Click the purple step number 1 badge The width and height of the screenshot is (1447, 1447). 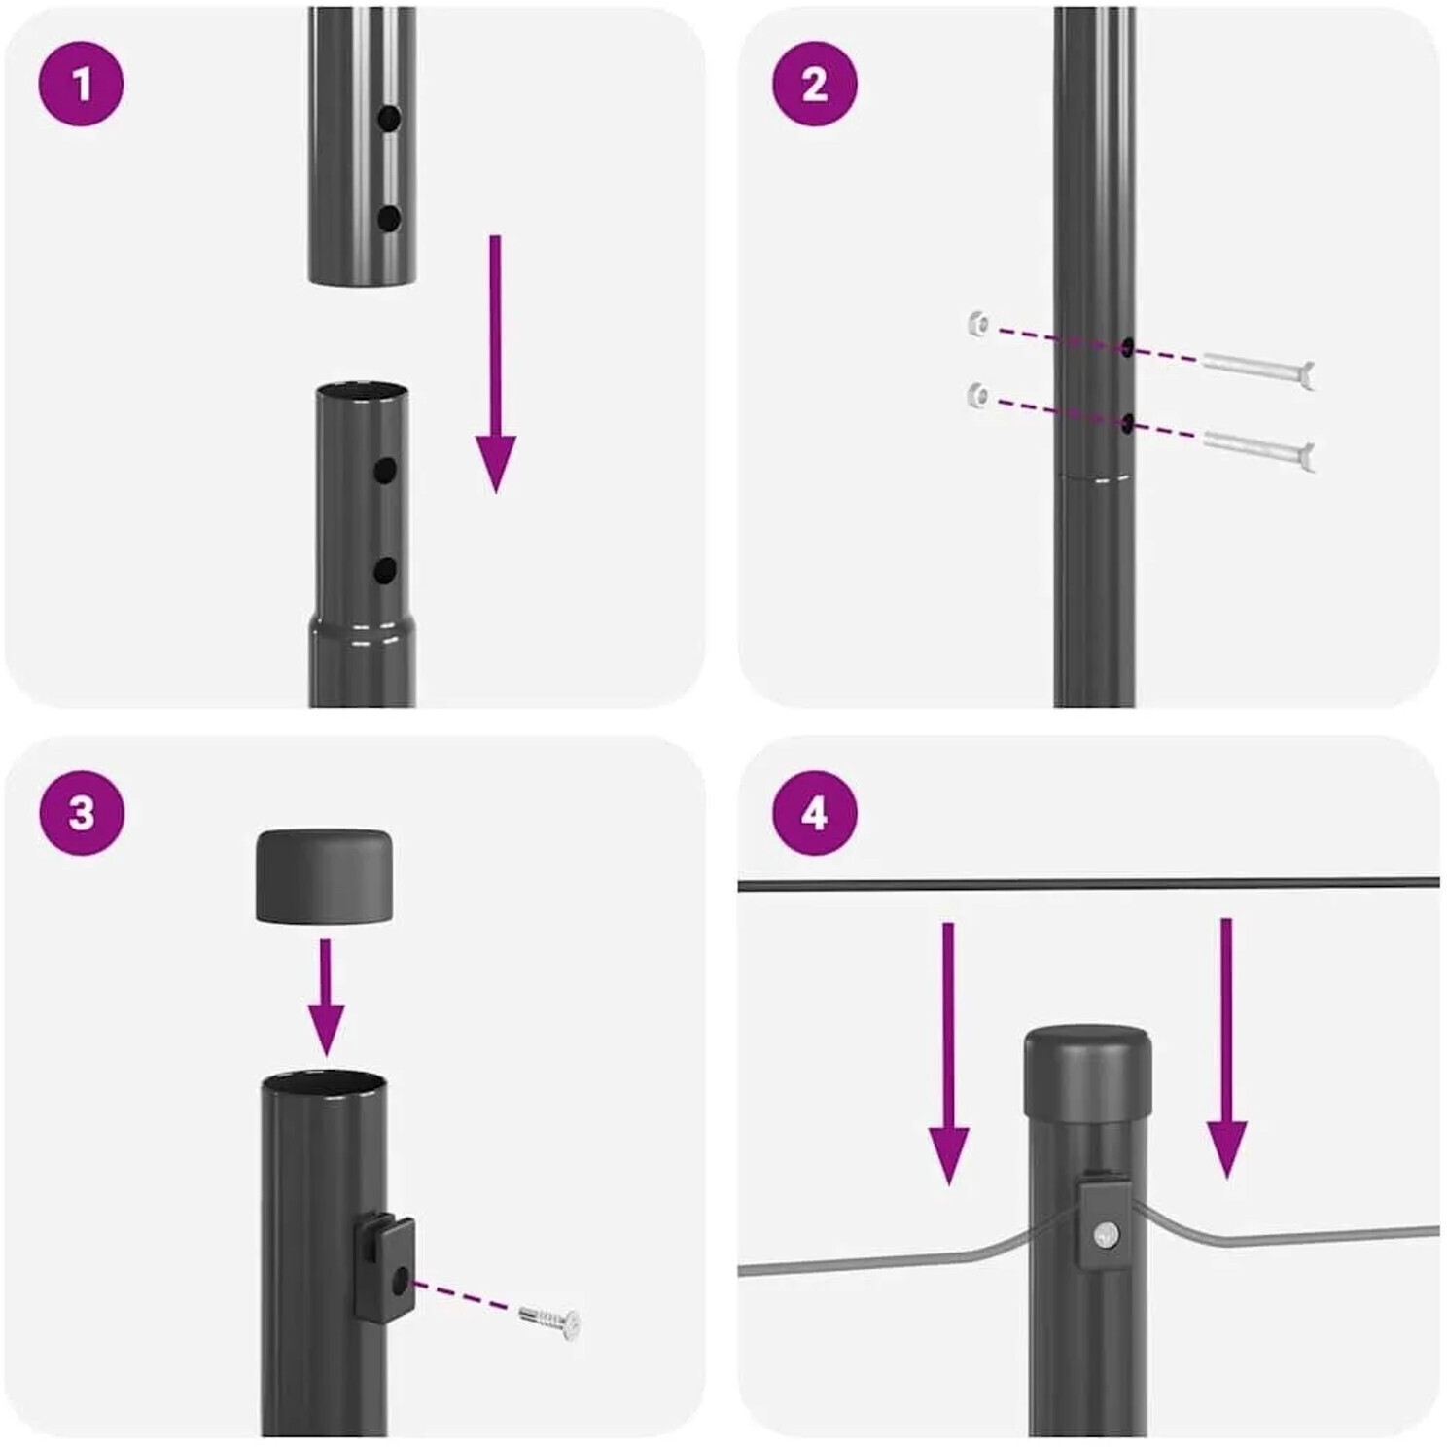click(82, 85)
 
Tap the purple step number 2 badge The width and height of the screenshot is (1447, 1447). click(815, 85)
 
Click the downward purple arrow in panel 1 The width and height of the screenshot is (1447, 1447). click(496, 364)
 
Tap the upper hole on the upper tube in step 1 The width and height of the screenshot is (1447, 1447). click(389, 120)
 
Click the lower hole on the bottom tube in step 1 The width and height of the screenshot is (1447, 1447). click(386, 571)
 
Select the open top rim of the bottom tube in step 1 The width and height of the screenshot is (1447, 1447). click(362, 391)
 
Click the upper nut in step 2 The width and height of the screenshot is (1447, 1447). click(979, 324)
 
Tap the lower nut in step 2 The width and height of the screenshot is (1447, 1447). click(979, 395)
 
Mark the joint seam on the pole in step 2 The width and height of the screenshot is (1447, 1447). click(1094, 477)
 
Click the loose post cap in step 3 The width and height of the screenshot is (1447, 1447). click(324, 876)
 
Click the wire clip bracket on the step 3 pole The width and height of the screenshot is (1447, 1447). click(385, 1267)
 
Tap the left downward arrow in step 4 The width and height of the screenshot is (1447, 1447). click(948, 1053)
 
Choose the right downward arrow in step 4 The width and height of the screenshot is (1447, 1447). click(1226, 1048)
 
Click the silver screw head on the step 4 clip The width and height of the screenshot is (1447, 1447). click(1106, 1236)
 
